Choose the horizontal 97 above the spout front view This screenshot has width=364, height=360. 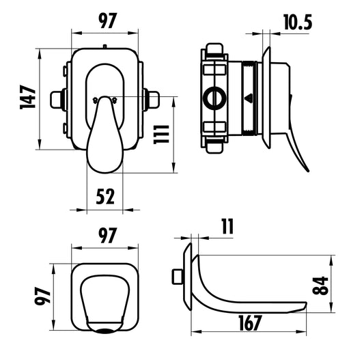point(104,236)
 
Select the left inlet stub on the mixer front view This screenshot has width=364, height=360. point(57,100)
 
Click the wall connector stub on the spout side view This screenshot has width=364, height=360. point(176,276)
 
